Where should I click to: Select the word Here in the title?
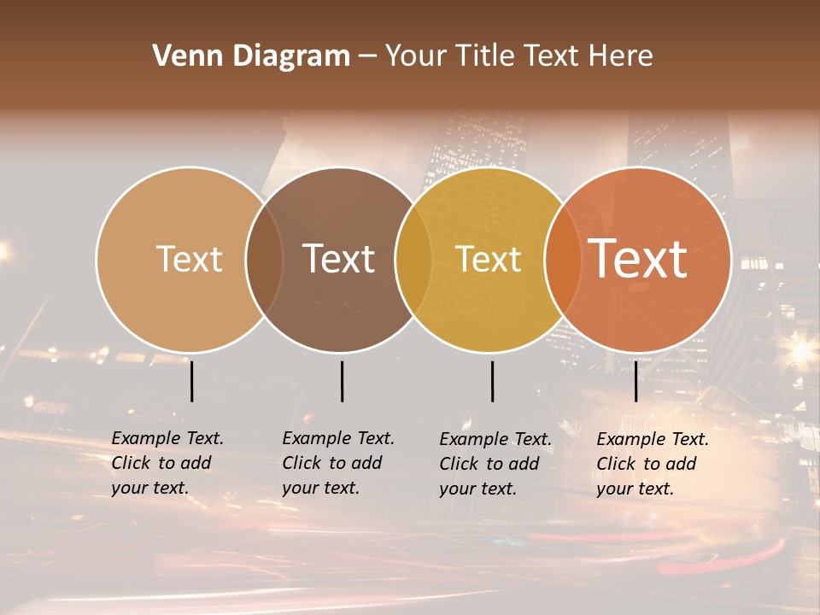tap(619, 56)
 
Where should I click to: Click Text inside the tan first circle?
tap(189, 259)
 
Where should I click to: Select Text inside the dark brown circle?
tap(339, 259)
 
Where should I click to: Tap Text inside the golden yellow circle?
tap(489, 259)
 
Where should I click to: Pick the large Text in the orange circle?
tap(638, 259)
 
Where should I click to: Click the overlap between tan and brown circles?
tap(264, 260)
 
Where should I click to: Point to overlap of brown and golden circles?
tap(413, 260)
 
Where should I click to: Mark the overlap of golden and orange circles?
tap(563, 260)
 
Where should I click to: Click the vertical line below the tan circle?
tap(191, 381)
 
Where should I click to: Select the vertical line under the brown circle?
tap(342, 381)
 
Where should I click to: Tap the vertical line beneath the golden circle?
tap(492, 381)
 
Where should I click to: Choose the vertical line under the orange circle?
tap(635, 381)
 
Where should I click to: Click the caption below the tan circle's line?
tap(167, 463)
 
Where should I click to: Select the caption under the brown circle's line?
tap(338, 463)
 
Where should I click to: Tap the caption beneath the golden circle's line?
tap(495, 464)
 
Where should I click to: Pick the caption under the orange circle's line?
tap(653, 464)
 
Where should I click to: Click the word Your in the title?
tap(416, 56)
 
